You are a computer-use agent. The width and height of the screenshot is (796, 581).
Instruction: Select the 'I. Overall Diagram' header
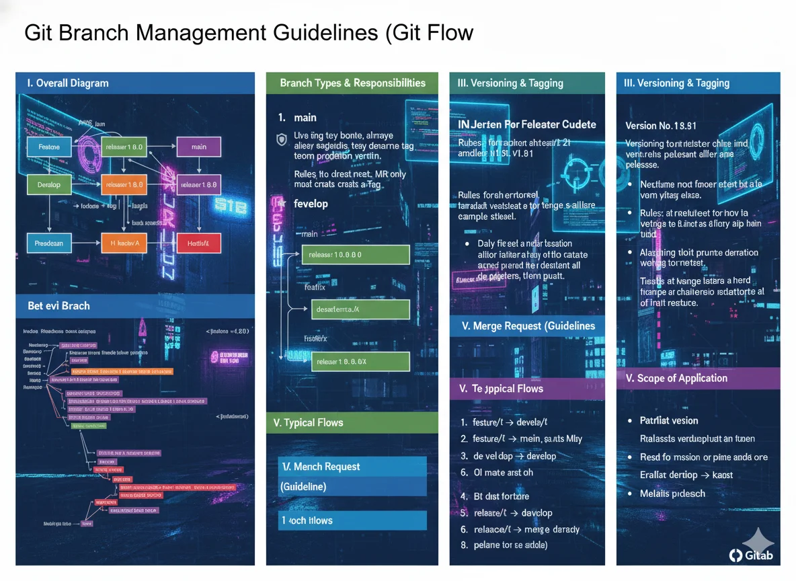click(67, 83)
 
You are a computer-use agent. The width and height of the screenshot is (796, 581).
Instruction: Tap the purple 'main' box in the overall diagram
click(198, 147)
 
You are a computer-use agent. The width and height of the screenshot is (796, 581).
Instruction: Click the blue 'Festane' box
click(49, 147)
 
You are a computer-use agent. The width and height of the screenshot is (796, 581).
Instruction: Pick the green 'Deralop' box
click(49, 184)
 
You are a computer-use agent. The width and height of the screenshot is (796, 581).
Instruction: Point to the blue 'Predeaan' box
click(49, 243)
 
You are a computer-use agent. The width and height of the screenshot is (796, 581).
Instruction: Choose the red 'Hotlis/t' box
click(198, 243)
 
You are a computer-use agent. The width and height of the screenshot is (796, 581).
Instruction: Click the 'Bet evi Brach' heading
click(58, 306)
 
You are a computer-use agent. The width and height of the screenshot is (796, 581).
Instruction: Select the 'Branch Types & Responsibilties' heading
click(352, 83)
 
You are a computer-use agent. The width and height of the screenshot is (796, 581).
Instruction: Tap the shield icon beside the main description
click(282, 139)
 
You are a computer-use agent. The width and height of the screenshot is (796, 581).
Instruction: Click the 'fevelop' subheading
click(311, 204)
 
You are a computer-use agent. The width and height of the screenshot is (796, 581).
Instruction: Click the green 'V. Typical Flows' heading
click(309, 423)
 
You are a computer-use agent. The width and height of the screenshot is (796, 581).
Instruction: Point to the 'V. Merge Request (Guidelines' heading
click(528, 326)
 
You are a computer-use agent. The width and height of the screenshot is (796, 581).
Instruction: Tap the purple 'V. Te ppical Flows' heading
click(502, 389)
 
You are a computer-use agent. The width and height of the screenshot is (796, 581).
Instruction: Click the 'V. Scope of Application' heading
click(676, 379)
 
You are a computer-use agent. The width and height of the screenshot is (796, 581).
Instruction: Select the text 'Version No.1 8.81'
click(660, 126)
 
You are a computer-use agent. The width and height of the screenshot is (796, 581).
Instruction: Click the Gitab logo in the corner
click(752, 554)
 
